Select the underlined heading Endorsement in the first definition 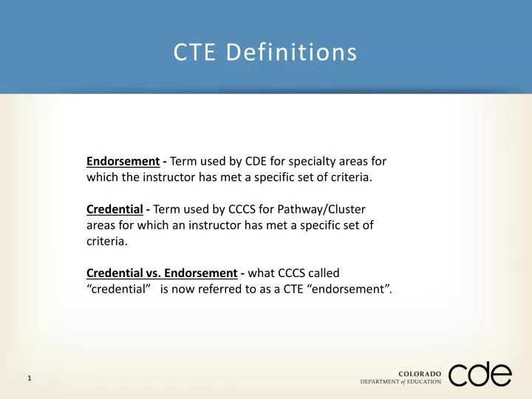click(x=123, y=160)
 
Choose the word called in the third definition click(x=323, y=273)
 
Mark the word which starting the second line click(x=101, y=177)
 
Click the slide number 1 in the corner click(x=29, y=378)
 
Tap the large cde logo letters click(x=480, y=375)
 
